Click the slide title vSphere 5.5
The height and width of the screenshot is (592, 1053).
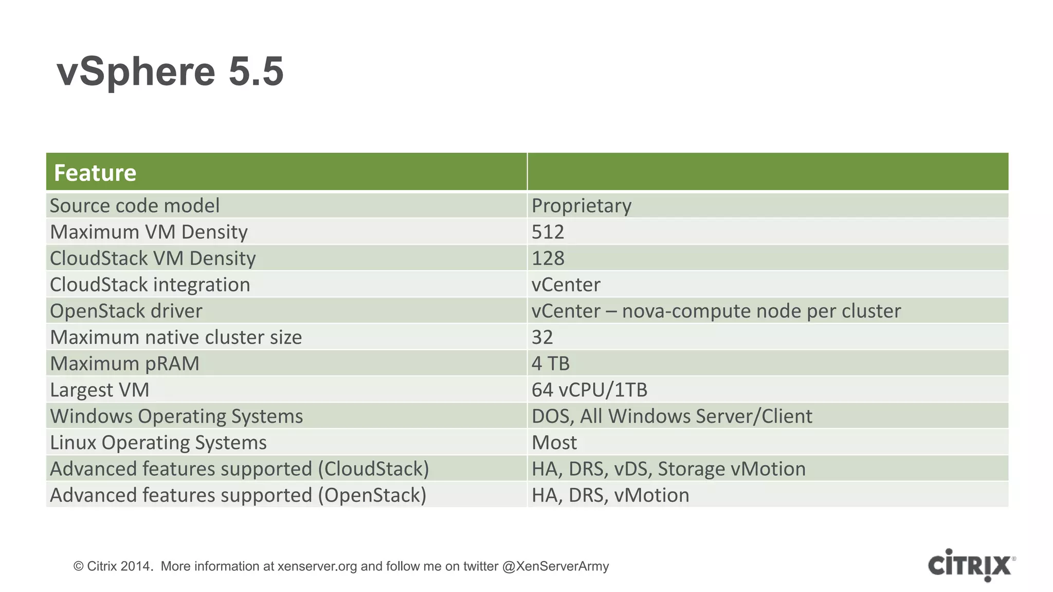[170, 71]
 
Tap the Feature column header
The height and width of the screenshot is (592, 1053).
[95, 173]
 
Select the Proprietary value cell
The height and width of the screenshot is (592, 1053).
[581, 206]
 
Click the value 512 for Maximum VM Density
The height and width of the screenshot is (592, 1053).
[548, 232]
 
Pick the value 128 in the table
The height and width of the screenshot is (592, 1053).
[548, 258]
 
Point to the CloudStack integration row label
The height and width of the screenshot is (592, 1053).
[150, 285]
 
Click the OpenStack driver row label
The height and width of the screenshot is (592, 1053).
[126, 311]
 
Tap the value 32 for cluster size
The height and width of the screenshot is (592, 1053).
[542, 337]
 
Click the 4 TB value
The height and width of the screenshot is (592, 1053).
[550, 363]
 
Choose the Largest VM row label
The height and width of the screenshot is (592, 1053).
[99, 390]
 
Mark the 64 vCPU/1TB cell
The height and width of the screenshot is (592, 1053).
[589, 390]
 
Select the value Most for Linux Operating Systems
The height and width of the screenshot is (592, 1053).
[554, 442]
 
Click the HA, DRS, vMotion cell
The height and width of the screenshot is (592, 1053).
[610, 495]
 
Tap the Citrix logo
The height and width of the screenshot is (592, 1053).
[970, 565]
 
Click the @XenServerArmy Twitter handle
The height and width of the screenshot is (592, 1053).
[555, 566]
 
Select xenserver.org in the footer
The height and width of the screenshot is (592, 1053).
[317, 566]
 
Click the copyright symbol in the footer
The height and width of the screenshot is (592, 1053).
[78, 566]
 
